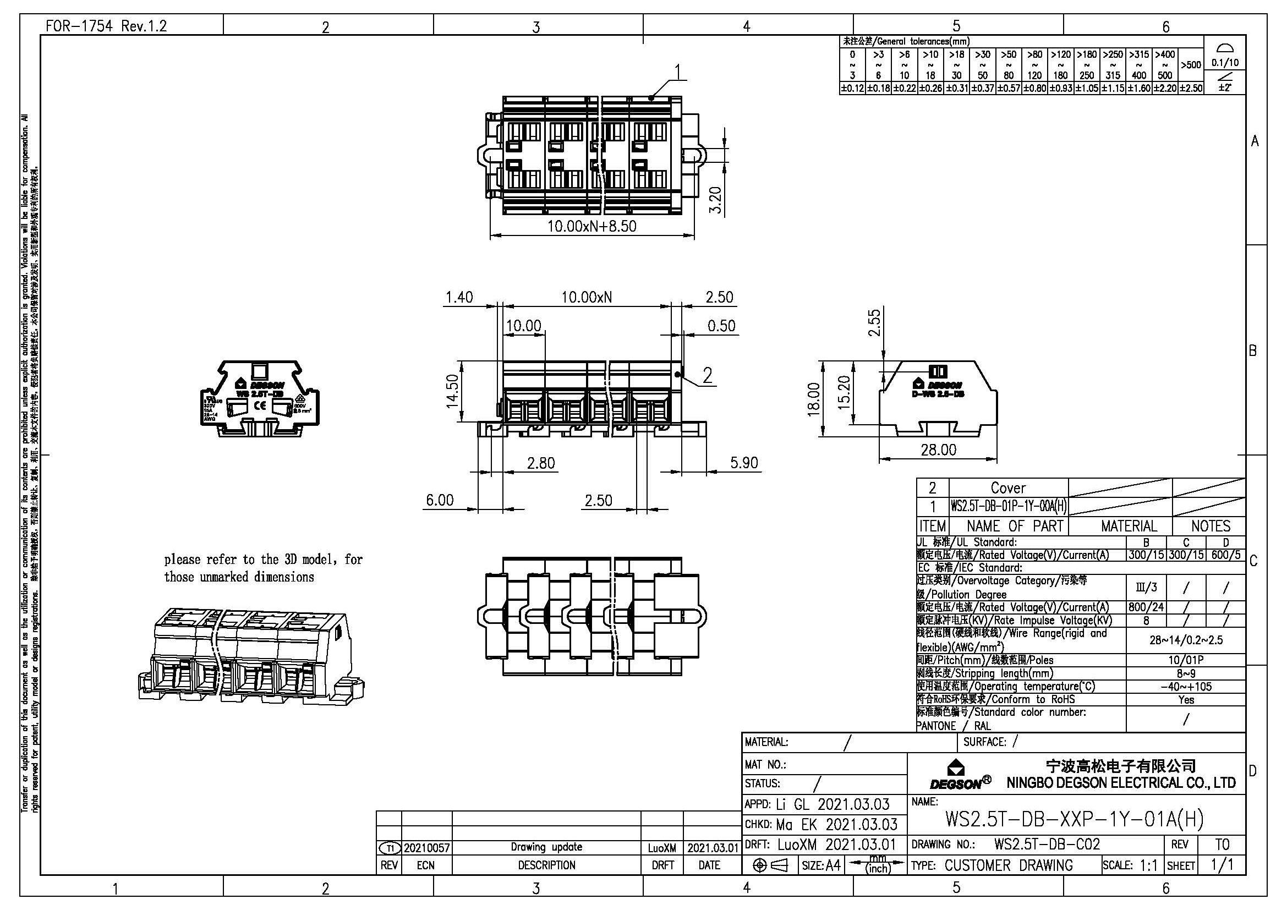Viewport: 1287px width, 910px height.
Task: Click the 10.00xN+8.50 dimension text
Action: pos(592,226)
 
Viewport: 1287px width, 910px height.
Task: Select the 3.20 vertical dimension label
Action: pos(716,200)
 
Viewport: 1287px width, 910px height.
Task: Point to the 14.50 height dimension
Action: pos(453,391)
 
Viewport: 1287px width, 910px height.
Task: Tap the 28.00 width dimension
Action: pos(938,449)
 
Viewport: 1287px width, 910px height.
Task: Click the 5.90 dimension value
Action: pos(744,462)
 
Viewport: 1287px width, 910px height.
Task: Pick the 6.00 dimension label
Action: pos(440,500)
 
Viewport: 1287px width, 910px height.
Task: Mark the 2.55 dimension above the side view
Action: pos(874,323)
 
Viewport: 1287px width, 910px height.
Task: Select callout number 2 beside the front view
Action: pos(708,375)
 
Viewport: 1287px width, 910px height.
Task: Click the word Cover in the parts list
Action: pos(1008,488)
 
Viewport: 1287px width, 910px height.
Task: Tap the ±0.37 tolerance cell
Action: pos(983,88)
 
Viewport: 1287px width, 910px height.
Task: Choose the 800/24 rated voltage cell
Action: pos(1146,607)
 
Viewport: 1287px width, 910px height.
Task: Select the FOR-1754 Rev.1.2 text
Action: pos(107,26)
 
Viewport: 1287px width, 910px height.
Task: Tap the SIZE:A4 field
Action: pos(821,866)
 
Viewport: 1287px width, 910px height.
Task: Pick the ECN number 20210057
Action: pos(426,848)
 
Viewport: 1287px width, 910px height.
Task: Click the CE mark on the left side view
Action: pos(261,405)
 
